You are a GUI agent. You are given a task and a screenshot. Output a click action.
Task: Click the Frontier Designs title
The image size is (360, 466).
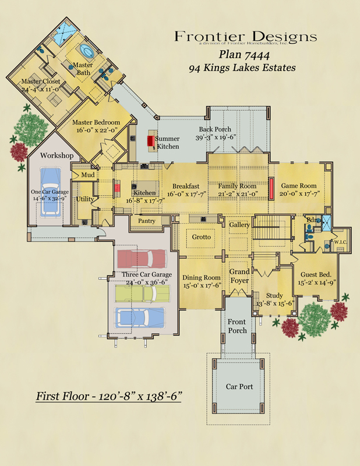tap(245, 37)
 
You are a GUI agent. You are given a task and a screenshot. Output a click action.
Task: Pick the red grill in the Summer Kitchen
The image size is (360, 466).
tap(150, 140)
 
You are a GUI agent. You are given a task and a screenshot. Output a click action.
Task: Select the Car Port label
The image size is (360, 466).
tap(239, 387)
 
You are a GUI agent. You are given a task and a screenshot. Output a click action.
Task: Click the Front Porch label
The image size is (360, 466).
tap(238, 326)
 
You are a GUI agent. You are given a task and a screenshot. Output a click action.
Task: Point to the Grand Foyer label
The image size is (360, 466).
tap(239, 276)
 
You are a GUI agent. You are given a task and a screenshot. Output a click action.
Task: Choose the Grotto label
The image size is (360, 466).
tap(202, 237)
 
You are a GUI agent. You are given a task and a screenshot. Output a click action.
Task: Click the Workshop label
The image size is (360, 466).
tap(57, 156)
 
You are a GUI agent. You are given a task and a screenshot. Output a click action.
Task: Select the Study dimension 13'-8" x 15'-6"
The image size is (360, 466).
tap(274, 303)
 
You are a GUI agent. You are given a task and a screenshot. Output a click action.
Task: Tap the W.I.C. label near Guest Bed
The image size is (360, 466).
tap(340, 242)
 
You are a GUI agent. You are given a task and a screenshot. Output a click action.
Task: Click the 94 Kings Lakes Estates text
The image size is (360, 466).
tap(242, 68)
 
